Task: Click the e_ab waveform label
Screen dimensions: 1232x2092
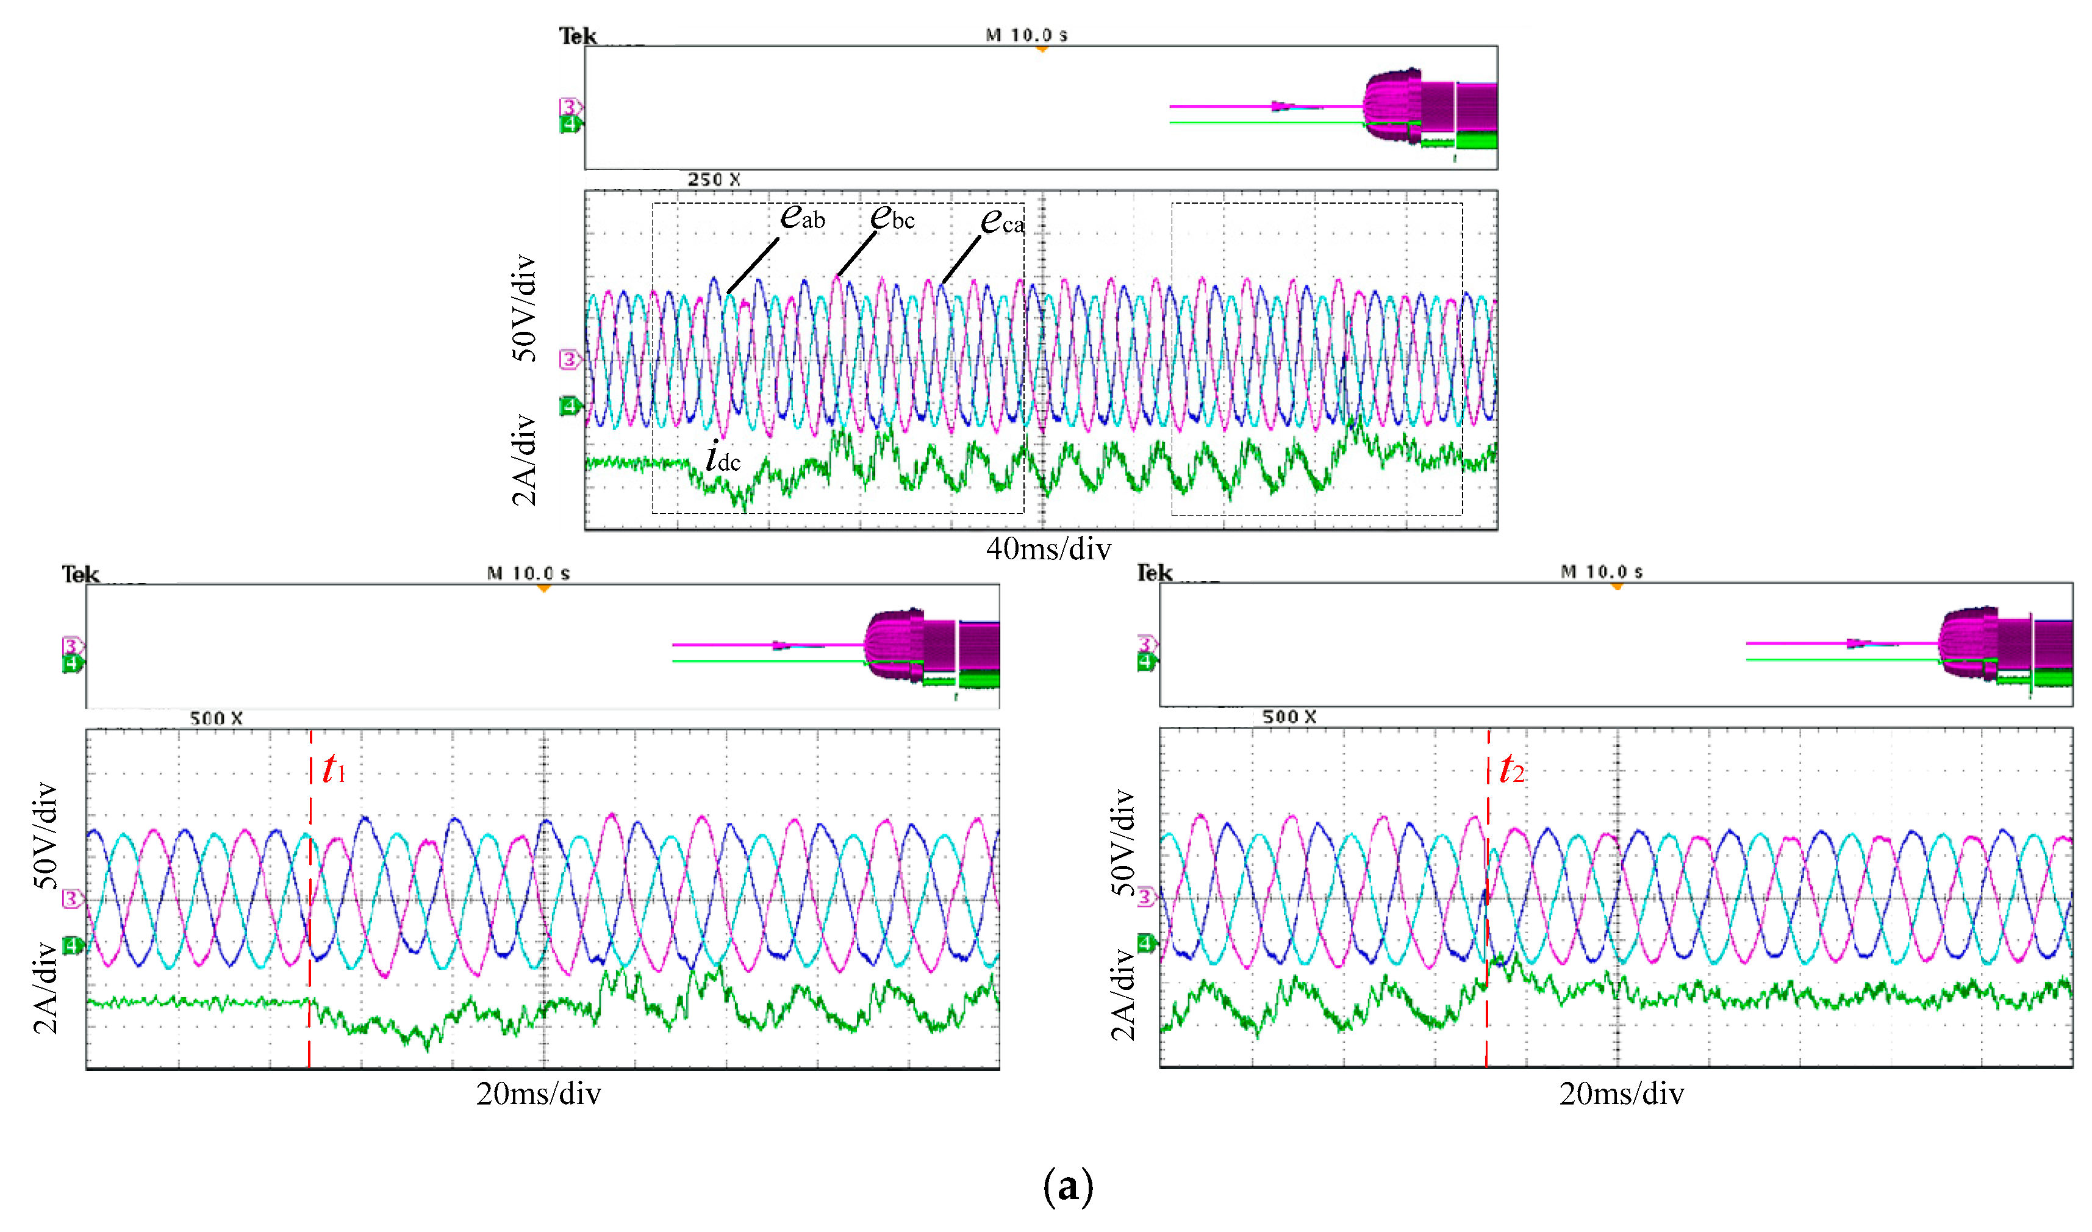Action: tap(802, 218)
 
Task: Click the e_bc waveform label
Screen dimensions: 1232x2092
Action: tap(892, 218)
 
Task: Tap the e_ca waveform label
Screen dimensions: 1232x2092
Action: tap(1002, 221)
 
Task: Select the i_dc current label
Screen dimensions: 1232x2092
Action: tap(722, 457)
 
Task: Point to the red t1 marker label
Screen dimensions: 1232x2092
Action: tap(334, 770)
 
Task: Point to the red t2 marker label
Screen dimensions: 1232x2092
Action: tap(1511, 770)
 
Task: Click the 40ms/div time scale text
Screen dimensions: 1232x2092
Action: tap(1048, 549)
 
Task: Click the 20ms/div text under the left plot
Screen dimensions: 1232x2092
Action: tap(538, 1094)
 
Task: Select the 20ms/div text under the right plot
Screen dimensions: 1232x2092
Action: tap(1621, 1094)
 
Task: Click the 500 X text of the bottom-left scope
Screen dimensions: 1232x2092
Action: tap(216, 718)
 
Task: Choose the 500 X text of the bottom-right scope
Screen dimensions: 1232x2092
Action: tap(1289, 717)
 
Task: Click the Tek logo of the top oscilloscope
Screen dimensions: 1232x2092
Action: tap(578, 36)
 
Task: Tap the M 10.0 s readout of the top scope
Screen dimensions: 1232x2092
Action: tap(1026, 35)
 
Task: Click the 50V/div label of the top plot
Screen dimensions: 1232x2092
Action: tap(524, 308)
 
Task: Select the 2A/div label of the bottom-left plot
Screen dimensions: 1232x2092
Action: tap(46, 988)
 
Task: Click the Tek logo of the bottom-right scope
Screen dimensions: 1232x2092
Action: tap(1154, 573)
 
